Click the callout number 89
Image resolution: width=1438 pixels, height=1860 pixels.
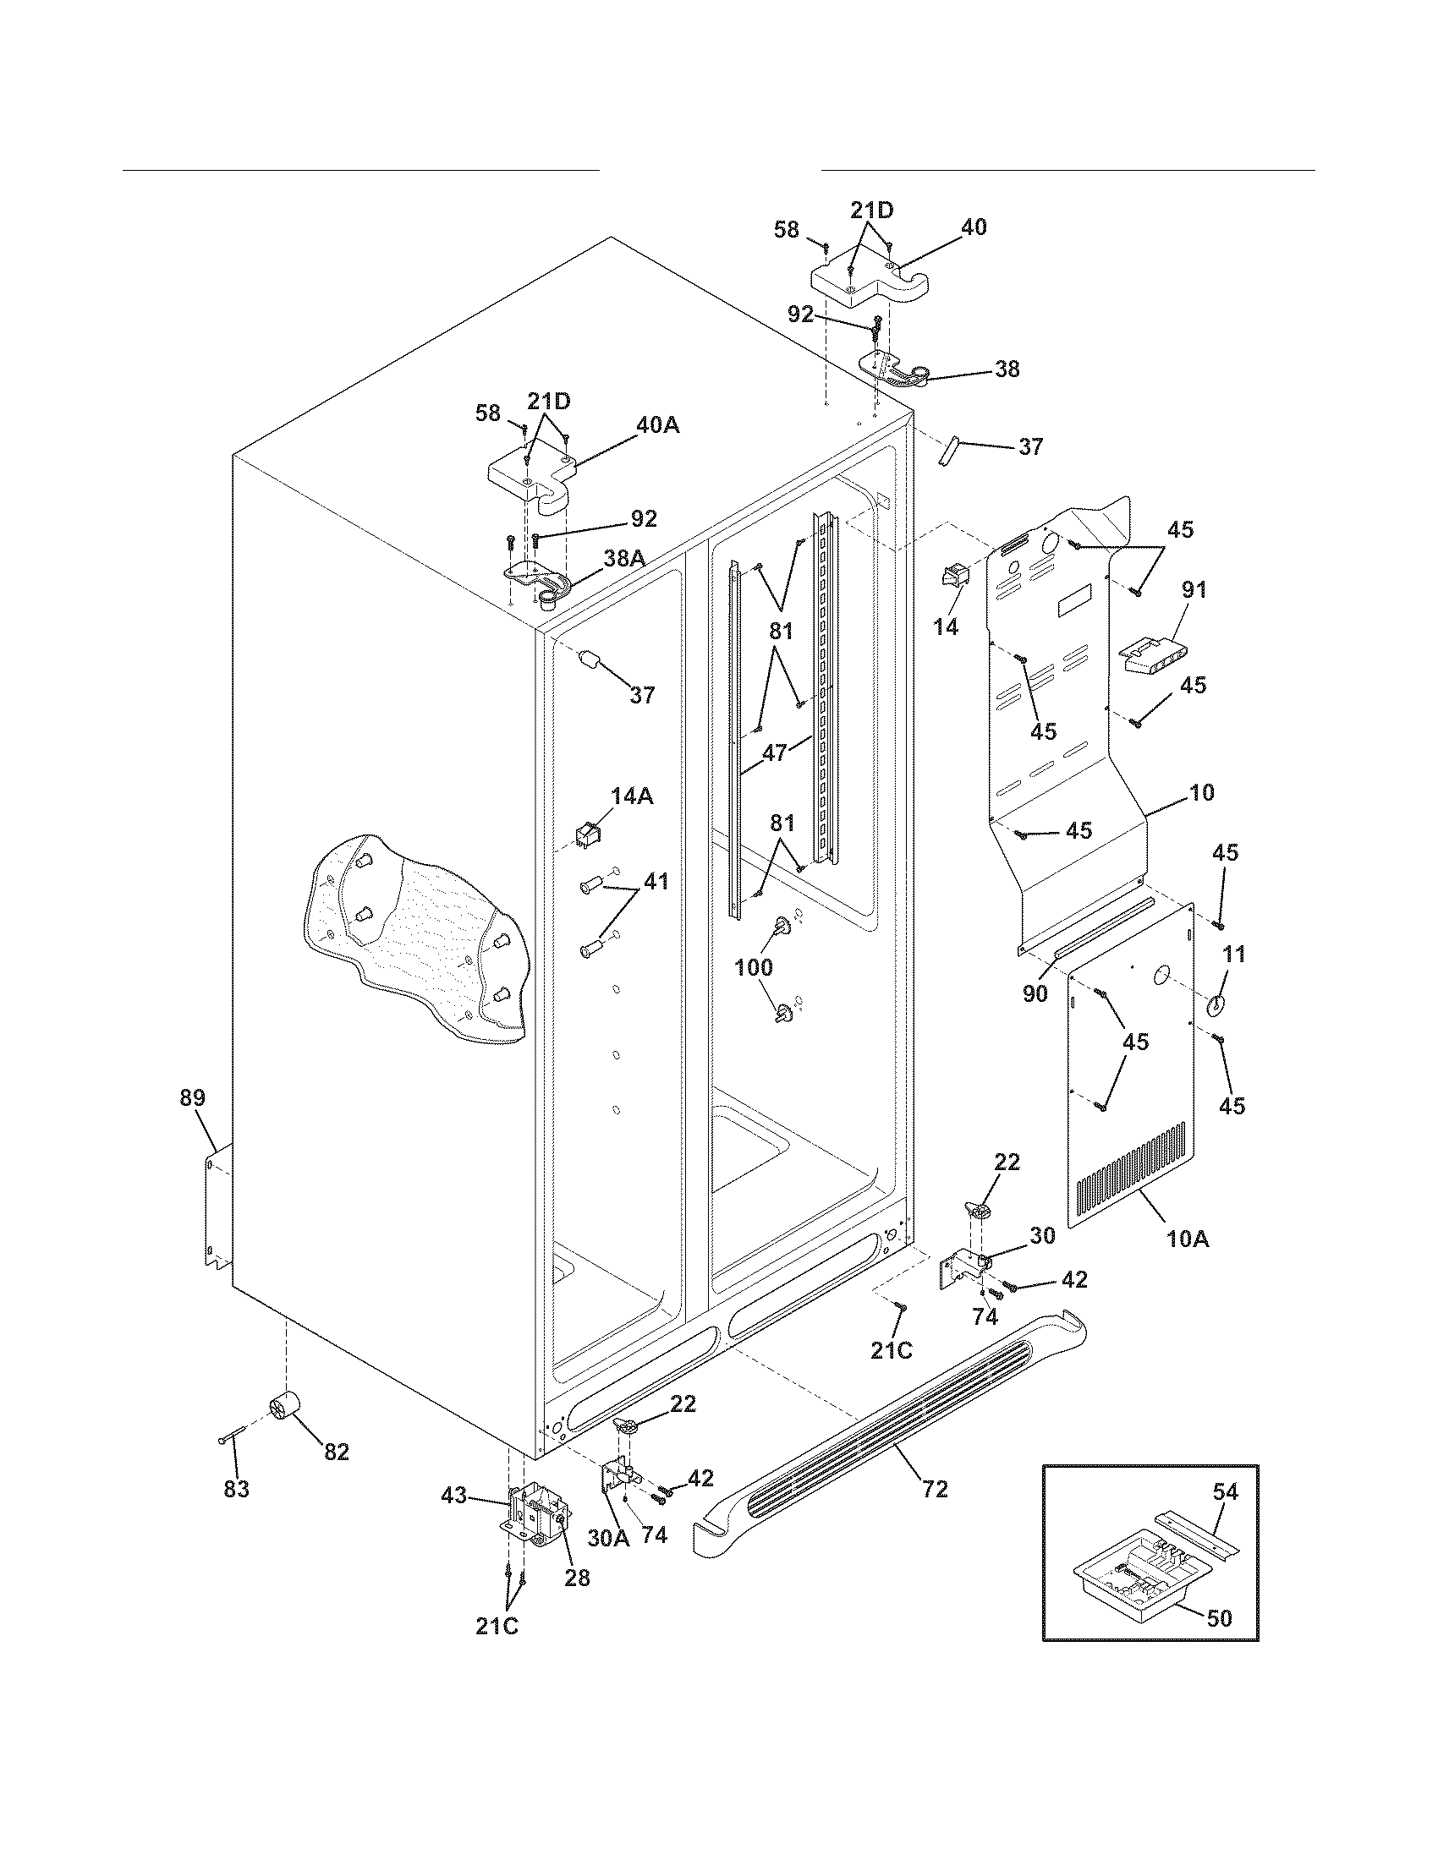pos(193,1097)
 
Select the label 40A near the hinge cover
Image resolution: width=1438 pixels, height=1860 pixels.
pos(657,425)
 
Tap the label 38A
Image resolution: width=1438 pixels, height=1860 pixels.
pos(623,558)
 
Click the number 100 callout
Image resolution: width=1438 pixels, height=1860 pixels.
pos(754,966)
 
